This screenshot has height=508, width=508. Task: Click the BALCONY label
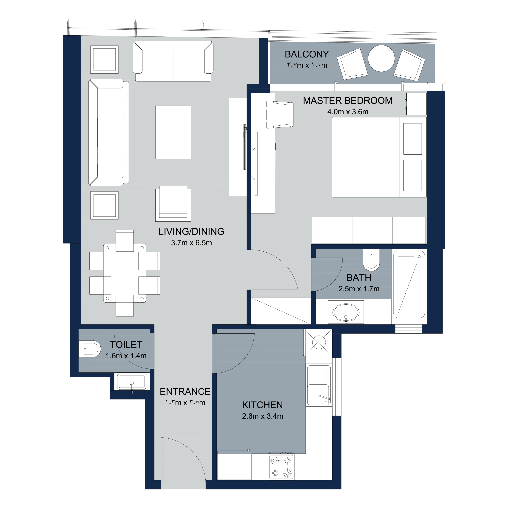pyautogui.click(x=307, y=54)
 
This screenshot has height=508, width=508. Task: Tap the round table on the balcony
pyautogui.click(x=381, y=58)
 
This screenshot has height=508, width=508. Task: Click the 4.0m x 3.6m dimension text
pyautogui.click(x=348, y=112)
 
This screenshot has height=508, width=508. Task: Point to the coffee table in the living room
pyautogui.click(x=173, y=132)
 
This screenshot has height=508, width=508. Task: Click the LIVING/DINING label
pyautogui.click(x=191, y=231)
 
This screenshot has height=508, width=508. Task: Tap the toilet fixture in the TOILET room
pyautogui.click(x=89, y=349)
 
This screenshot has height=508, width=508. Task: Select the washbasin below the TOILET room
pyautogui.click(x=132, y=382)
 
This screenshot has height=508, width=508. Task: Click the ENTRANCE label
pyautogui.click(x=185, y=392)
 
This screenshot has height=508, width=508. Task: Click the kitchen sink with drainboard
pyautogui.click(x=319, y=386)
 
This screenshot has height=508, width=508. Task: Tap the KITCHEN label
pyautogui.click(x=262, y=405)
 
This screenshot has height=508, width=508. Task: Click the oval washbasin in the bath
pyautogui.click(x=346, y=313)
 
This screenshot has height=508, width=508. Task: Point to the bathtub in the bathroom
pyautogui.click(x=409, y=284)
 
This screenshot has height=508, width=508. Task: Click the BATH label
pyautogui.click(x=359, y=278)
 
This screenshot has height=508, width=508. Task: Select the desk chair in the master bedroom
pyautogui.click(x=280, y=115)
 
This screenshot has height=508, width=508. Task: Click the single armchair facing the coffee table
pyautogui.click(x=173, y=204)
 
